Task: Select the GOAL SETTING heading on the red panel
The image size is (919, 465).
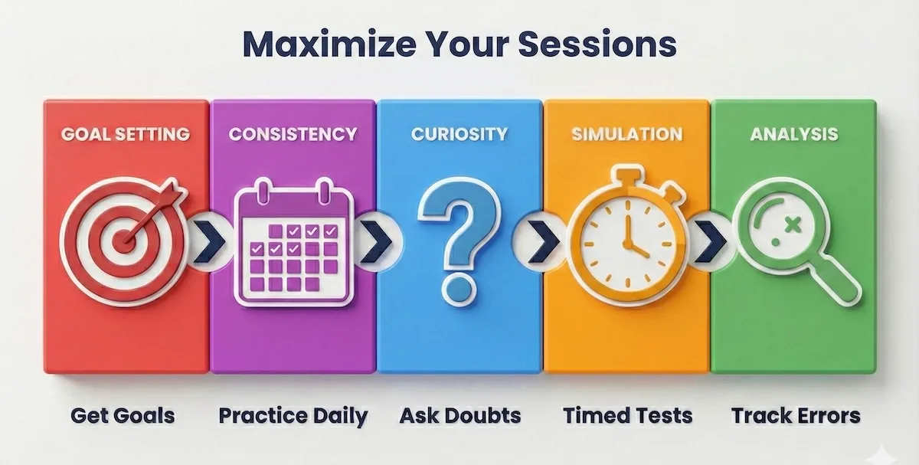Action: click(x=126, y=134)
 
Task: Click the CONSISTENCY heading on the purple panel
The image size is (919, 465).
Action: click(x=293, y=134)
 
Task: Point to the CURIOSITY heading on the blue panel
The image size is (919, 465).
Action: click(x=459, y=134)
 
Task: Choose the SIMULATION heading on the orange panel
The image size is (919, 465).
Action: click(x=626, y=134)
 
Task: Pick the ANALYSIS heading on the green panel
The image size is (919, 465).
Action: click(x=793, y=134)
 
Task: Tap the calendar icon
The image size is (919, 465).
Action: click(x=293, y=241)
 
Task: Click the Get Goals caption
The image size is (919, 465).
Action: click(x=123, y=416)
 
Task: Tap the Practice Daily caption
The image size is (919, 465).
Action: click(x=293, y=416)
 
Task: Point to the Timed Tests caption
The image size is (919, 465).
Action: click(x=627, y=416)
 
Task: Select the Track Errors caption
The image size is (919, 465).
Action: click(x=796, y=416)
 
